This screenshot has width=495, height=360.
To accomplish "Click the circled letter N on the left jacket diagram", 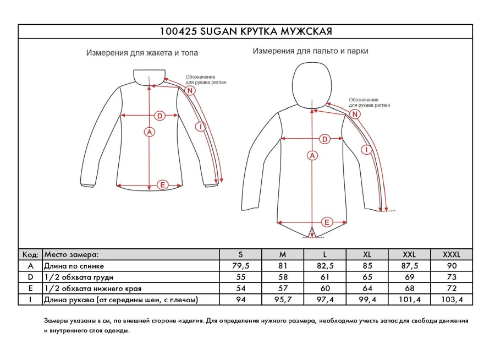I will point(190,90).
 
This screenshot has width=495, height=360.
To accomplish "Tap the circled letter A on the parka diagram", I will point(312,156).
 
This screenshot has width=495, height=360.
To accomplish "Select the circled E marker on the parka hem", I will point(327,222).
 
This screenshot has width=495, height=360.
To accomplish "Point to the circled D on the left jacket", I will point(159,116).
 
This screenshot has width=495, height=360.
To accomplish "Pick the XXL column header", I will point(409,254).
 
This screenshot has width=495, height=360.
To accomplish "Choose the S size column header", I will point(240,254).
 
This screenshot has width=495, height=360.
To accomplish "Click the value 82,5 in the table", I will point(325,265).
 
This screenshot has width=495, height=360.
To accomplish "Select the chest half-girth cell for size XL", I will point(367,277).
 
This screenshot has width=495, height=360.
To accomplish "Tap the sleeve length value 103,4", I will point(452,299).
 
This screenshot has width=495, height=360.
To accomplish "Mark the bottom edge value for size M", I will point(283,288).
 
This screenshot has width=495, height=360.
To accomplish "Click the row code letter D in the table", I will point(31,277).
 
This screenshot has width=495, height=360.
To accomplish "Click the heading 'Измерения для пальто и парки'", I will point(310,51).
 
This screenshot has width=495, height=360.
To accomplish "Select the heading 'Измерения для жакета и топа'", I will point(142,53).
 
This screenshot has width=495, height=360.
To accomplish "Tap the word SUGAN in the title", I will point(218,31).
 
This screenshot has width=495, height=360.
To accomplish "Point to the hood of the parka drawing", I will point(311,83).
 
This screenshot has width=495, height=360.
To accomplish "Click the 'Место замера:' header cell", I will point(72,254).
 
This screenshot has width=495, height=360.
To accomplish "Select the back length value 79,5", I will point(240,265).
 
